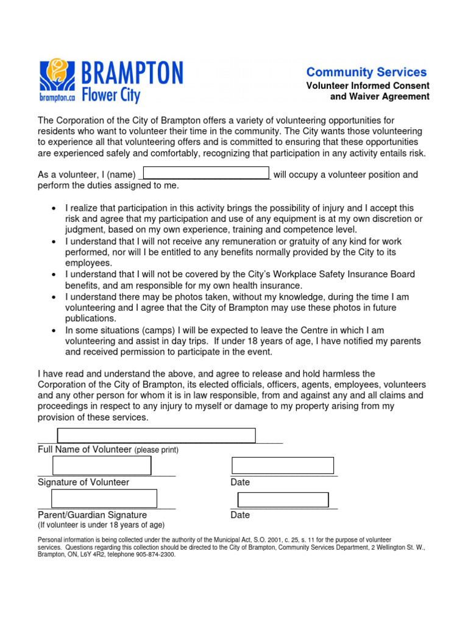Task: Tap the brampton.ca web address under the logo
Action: (x=57, y=97)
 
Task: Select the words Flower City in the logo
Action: (x=111, y=94)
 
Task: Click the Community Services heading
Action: (x=366, y=72)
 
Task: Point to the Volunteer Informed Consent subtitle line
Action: (x=367, y=86)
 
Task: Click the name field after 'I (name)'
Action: (x=205, y=173)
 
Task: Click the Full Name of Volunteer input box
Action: (x=156, y=435)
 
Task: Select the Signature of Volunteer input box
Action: (x=102, y=466)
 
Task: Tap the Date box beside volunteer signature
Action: (x=283, y=466)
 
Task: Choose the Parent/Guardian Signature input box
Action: (x=104, y=498)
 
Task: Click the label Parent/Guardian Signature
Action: (x=92, y=515)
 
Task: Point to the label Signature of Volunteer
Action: (x=83, y=482)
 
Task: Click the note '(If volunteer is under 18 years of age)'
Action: (x=101, y=525)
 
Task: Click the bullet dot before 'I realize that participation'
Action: (x=55, y=209)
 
